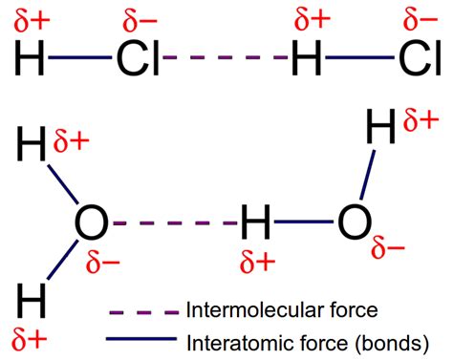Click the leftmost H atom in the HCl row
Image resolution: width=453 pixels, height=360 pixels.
click(30, 60)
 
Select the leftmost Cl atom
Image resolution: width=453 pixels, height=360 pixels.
click(137, 60)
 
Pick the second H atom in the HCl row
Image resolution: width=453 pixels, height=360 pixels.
click(307, 60)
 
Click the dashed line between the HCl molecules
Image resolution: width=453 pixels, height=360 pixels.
click(226, 60)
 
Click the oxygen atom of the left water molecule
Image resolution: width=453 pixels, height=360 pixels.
click(90, 224)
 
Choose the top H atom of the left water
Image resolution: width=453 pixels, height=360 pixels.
click(30, 151)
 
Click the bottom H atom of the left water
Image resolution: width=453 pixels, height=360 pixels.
click(30, 299)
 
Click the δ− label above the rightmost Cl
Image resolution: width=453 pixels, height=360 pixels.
click(421, 19)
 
